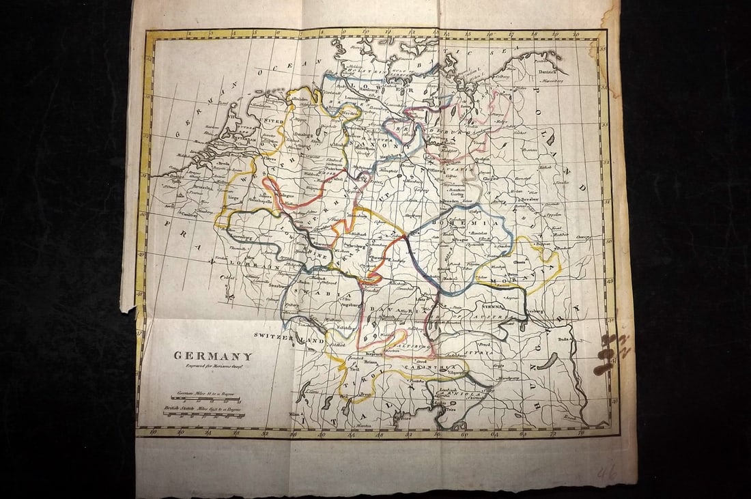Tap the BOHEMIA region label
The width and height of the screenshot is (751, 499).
click(476, 223)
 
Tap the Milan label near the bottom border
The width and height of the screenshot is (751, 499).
click(295, 414)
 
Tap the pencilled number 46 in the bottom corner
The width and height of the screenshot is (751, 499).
click(607, 472)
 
